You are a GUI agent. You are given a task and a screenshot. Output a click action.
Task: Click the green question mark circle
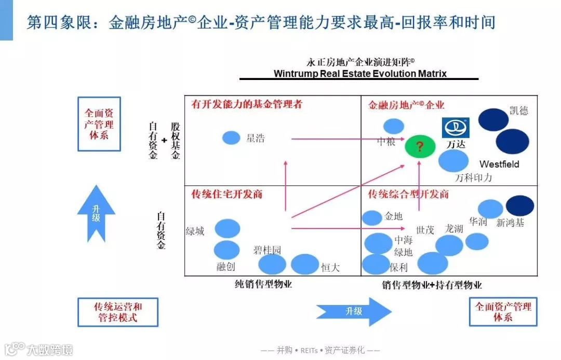tap(420, 146)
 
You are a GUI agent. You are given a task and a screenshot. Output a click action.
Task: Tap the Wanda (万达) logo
tap(456, 128)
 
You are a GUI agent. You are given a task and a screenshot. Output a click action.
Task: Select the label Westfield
tap(499, 164)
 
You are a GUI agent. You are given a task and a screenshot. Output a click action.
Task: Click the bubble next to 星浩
tap(231, 138)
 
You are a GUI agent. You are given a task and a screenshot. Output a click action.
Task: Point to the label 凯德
tap(518, 111)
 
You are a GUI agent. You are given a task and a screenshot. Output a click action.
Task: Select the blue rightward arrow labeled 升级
tap(354, 311)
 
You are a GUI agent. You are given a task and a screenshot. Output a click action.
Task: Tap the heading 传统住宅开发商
tap(227, 194)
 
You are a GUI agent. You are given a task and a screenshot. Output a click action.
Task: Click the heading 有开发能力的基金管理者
tap(246, 104)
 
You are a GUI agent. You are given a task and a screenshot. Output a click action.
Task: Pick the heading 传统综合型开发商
tap(408, 194)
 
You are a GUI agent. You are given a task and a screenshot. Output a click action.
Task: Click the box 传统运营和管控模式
tap(118, 312)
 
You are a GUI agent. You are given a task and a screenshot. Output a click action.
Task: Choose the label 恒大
tap(330, 268)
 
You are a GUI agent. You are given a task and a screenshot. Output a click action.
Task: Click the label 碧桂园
tap(268, 250)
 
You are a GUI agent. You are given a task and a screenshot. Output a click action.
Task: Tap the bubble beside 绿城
tap(228, 228)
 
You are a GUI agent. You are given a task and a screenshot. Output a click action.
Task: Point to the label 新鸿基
tap(510, 223)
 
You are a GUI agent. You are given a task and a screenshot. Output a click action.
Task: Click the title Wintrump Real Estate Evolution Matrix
tap(360, 74)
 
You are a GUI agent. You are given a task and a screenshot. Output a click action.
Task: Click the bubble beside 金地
tap(372, 218)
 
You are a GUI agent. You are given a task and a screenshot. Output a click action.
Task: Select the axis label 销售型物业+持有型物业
tap(432, 285)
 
